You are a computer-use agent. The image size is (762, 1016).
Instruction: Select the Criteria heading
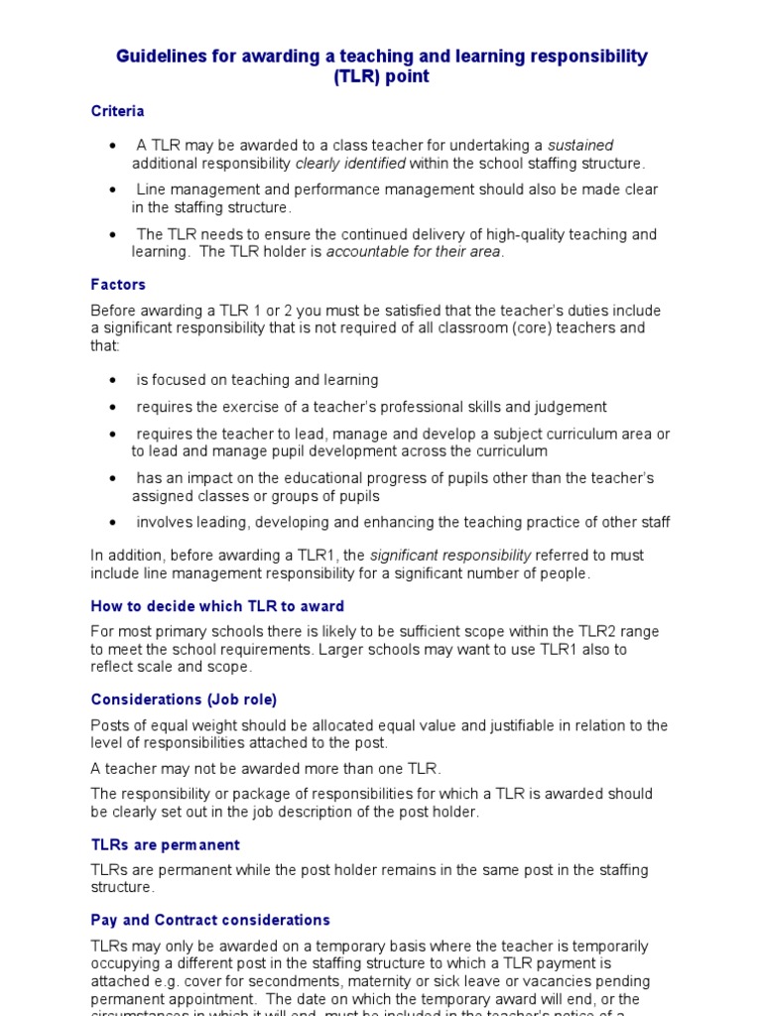coord(118,111)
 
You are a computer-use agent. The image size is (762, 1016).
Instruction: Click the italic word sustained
coord(580,146)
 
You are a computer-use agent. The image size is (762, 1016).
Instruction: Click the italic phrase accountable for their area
coord(415,252)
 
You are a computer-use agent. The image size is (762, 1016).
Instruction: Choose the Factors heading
coord(118,285)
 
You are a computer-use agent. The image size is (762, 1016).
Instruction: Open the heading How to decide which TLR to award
coord(217,606)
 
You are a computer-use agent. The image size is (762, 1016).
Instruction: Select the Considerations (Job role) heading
coord(184,699)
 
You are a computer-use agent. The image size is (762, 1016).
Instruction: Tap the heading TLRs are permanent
coord(165,845)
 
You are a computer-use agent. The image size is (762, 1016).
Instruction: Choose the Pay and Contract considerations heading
coord(210,920)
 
